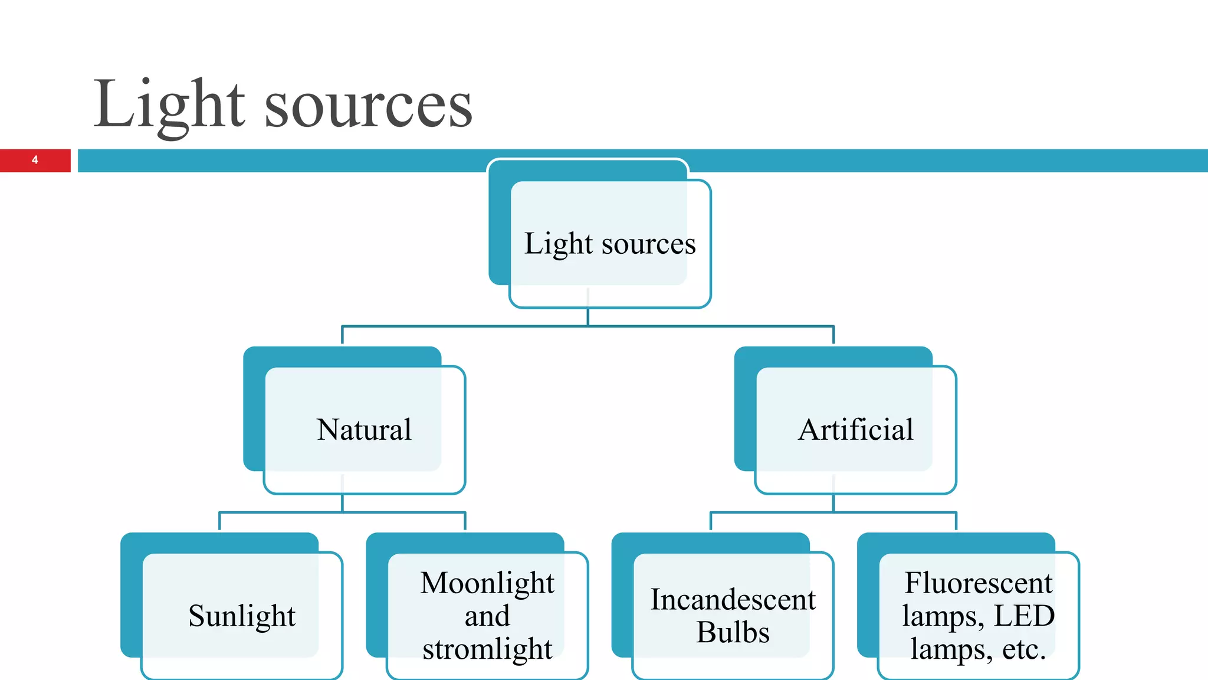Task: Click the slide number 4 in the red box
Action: click(35, 160)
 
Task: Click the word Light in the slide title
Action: click(169, 104)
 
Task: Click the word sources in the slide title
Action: click(368, 106)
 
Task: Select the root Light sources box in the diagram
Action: click(610, 243)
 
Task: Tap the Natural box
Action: click(364, 429)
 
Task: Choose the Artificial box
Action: click(855, 429)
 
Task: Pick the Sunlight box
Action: click(242, 616)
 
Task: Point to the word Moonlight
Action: click(487, 583)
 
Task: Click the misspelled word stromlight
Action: click(487, 649)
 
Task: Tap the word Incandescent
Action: click(733, 600)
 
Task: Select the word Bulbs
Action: click(733, 632)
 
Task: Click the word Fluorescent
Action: click(978, 583)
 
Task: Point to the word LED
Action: click(1024, 616)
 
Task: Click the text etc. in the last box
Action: click(1024, 649)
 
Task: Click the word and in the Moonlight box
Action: click(487, 616)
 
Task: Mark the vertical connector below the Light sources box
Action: click(588, 316)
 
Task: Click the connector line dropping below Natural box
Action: click(343, 503)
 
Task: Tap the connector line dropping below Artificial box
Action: click(833, 503)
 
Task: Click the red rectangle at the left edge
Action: click(18, 160)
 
